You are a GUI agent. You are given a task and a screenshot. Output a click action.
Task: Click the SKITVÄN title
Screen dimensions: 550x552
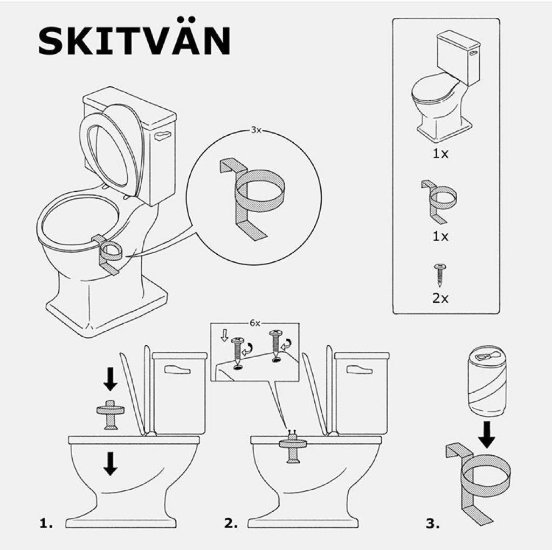(x=134, y=40)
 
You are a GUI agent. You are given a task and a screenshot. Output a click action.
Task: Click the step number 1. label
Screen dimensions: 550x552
(x=46, y=523)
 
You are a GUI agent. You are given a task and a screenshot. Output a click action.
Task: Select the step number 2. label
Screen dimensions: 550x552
(x=231, y=523)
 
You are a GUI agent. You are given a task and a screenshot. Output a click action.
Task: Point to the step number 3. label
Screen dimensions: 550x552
(x=433, y=523)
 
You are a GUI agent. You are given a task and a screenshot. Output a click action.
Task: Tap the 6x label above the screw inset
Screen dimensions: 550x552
(x=255, y=323)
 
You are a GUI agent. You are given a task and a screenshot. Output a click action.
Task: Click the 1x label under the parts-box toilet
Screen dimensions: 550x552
(x=440, y=154)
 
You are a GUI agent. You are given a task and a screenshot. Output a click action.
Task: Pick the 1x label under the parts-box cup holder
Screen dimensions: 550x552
(x=440, y=236)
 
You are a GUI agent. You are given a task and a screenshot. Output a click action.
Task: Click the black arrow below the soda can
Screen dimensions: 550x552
(x=487, y=434)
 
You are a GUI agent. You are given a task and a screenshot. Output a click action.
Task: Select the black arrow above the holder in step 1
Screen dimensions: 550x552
(x=111, y=378)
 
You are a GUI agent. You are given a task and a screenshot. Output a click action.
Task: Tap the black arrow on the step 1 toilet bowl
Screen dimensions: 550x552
(x=111, y=463)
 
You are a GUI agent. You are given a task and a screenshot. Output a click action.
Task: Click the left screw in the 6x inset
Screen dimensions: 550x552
(x=238, y=351)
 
